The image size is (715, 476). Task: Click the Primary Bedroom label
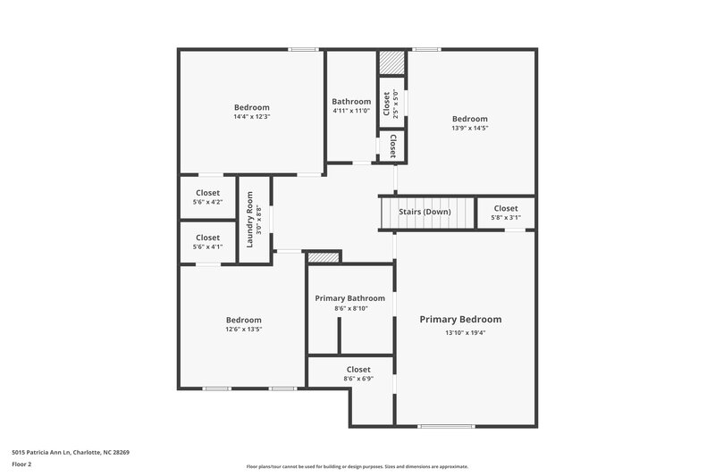(x=460, y=320)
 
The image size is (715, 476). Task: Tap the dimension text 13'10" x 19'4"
(x=465, y=333)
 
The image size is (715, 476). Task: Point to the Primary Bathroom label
(x=349, y=298)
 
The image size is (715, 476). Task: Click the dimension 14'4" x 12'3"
(x=251, y=116)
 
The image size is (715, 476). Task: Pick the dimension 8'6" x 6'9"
(x=358, y=379)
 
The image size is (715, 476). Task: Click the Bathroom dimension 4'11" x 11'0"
(x=351, y=111)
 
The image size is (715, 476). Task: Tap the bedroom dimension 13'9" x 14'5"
(x=469, y=128)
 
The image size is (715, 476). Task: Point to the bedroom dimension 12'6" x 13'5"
(x=243, y=329)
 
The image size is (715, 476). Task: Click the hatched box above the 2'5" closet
(x=391, y=63)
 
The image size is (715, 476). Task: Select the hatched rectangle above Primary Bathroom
(x=324, y=257)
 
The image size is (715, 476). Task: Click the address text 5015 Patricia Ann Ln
(x=71, y=452)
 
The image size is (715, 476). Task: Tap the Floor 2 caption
(x=21, y=464)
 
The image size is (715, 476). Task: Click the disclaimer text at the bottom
(x=357, y=466)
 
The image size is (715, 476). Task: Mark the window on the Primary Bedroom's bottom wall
(x=446, y=426)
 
